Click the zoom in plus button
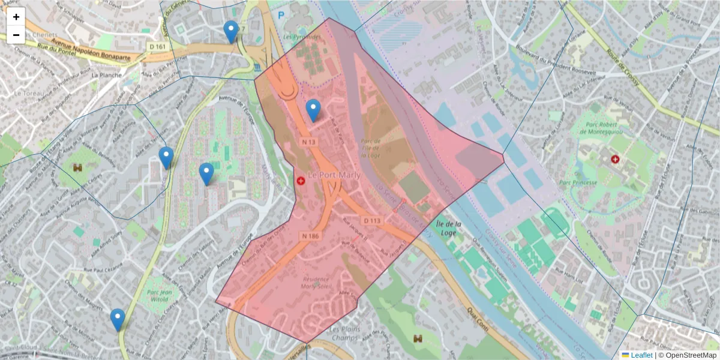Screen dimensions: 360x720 [x=16, y=17]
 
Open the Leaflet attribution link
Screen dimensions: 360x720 [x=641, y=355]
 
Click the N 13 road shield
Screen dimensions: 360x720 [x=308, y=142]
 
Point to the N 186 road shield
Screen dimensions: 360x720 [x=310, y=236]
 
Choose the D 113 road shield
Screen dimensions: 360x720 [x=372, y=220]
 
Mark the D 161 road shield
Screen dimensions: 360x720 [x=158, y=47]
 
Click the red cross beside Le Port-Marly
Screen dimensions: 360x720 [x=301, y=180]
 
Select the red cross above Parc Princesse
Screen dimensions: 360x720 [x=615, y=159]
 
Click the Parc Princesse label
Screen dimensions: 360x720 [x=578, y=182]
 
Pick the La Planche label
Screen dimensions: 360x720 [x=106, y=76]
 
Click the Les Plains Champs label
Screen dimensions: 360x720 [x=345, y=334]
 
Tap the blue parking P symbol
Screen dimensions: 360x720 [x=281, y=16]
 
